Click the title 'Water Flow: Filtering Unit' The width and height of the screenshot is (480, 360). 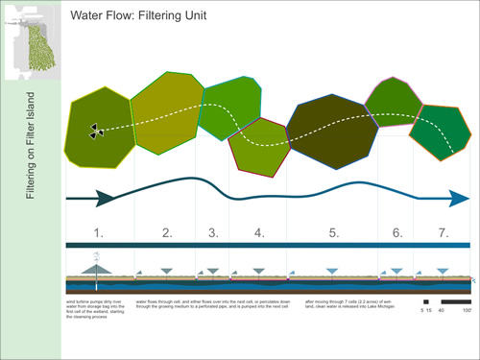[x=145, y=16]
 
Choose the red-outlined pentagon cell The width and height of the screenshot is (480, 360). [x=258, y=147]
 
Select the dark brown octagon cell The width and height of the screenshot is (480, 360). [x=332, y=132]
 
